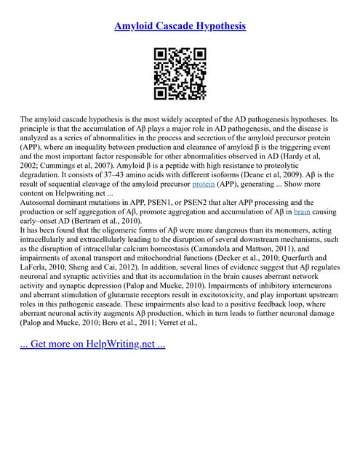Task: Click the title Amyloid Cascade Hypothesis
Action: click(x=180, y=26)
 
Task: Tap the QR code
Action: click(x=180, y=73)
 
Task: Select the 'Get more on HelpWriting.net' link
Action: click(x=92, y=344)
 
